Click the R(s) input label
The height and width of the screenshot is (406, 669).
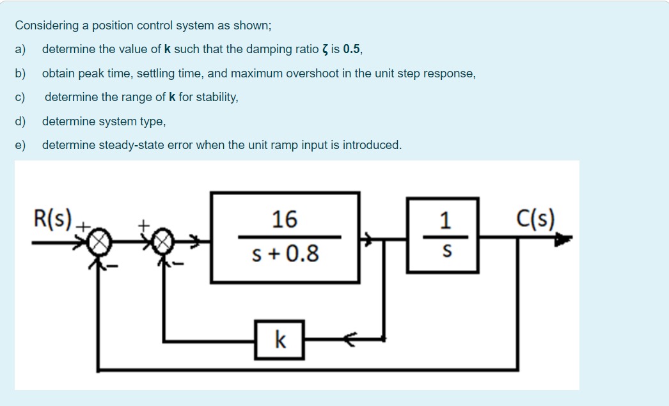click(x=54, y=219)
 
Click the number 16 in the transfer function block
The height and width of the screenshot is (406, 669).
click(x=284, y=219)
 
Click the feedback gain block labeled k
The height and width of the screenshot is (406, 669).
click(x=279, y=339)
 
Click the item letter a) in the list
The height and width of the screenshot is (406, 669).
click(x=20, y=49)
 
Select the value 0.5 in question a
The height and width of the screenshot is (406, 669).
click(x=351, y=49)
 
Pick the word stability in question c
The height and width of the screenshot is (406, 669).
click(x=216, y=97)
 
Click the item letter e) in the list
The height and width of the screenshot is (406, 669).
click(x=20, y=145)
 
